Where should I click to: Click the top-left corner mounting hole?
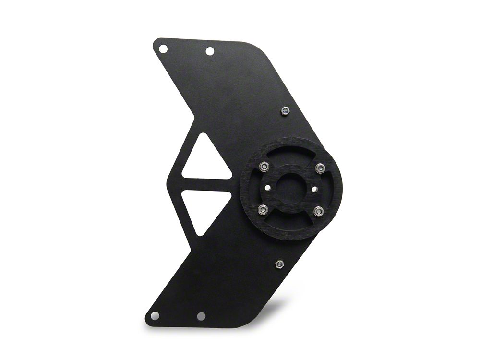pos(163,48)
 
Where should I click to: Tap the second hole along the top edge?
pos(210,51)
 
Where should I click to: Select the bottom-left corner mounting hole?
pos(155,315)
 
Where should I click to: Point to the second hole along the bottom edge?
pos(201,316)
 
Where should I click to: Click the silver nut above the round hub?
pos(285,111)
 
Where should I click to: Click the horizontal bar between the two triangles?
pos(206,184)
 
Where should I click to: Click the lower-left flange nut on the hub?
pos(264,209)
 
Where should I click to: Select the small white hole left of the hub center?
pos(268,188)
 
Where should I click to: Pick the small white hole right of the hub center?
pos(314,189)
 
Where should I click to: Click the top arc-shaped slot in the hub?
pos(291,155)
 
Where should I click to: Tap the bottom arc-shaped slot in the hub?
pos(291,221)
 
